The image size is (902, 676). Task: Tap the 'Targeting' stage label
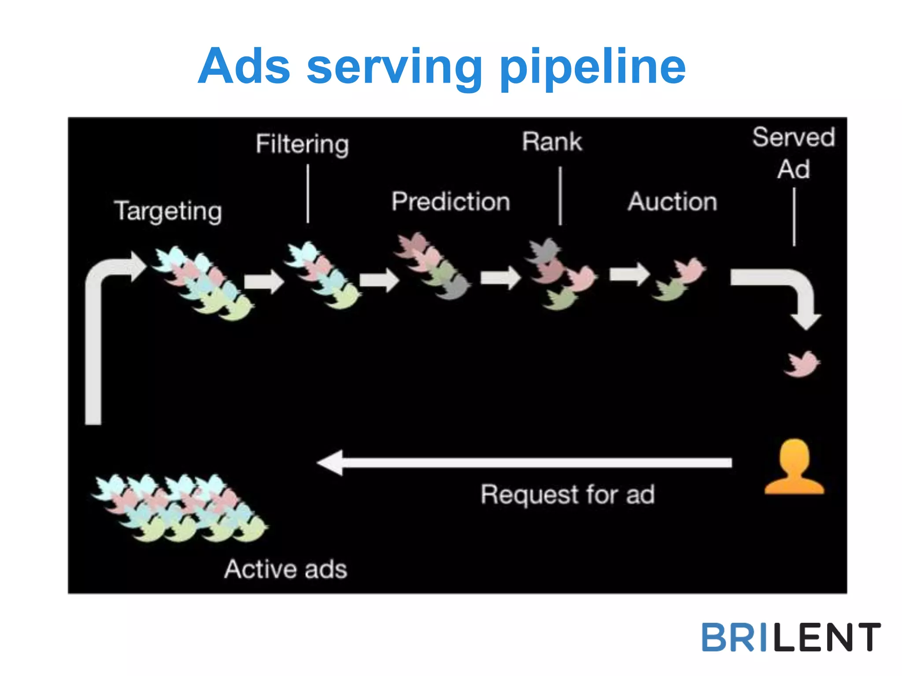coord(168,211)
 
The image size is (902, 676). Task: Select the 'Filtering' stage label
coord(303,144)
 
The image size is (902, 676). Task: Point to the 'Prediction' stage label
coord(451,202)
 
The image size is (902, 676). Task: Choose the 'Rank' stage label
coord(552,142)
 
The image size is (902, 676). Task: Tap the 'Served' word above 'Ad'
coord(794,137)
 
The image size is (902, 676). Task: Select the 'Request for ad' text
coord(567,494)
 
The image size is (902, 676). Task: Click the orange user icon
coord(794,467)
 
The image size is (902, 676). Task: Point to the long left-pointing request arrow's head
coord(330,463)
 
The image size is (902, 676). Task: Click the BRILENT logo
coord(791,637)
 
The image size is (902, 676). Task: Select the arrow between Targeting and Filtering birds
coord(264,281)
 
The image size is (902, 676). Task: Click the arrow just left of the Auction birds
coord(629,274)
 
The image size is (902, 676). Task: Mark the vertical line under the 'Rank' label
coord(560,196)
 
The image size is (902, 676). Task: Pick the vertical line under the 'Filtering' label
coord(308,194)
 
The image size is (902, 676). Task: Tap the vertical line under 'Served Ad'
coord(794,217)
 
